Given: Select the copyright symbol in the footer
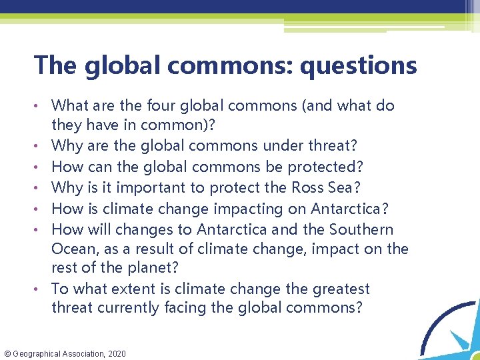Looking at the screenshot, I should pos(7,353).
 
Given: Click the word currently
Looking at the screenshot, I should pos(125,308).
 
